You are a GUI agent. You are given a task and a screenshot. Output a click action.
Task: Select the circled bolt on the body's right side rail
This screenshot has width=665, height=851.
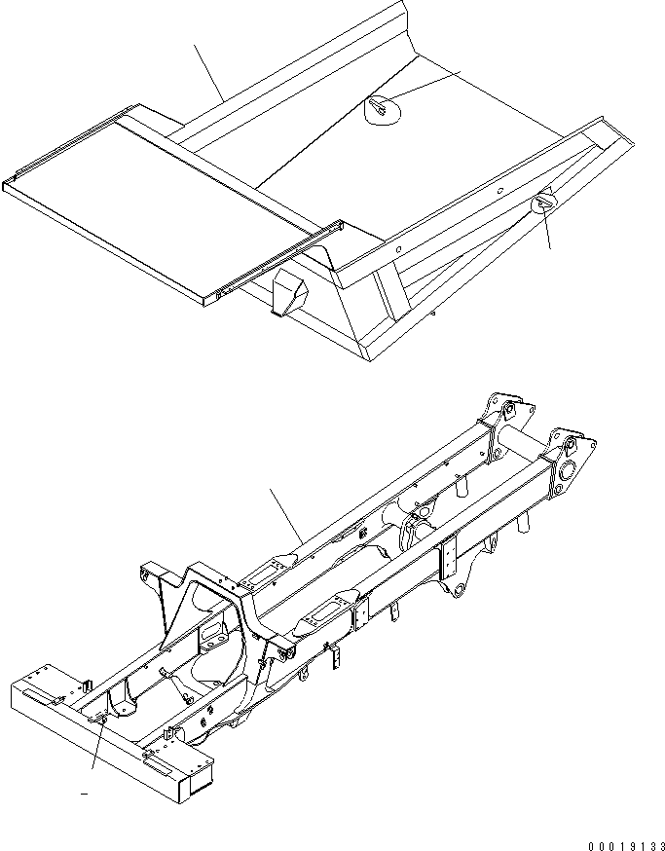point(543,203)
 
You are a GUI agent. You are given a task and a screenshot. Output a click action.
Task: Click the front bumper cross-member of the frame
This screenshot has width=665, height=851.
point(107,730)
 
